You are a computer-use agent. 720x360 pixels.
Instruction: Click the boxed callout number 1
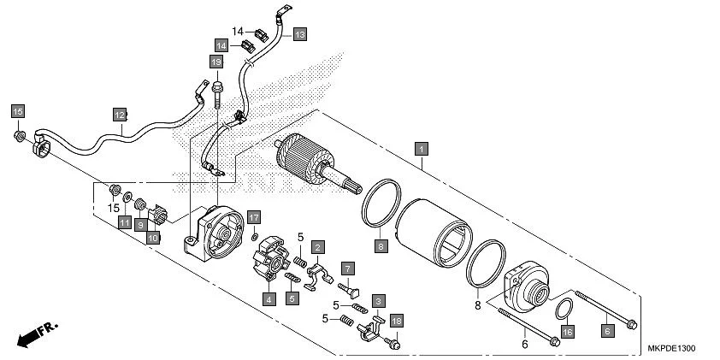click(x=420, y=147)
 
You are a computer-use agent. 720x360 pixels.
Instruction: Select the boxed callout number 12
click(x=121, y=114)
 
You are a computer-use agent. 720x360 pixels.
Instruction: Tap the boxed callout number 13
click(x=299, y=34)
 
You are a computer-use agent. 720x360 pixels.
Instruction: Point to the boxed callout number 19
click(x=216, y=62)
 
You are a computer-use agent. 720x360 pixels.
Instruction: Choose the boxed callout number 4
click(x=268, y=299)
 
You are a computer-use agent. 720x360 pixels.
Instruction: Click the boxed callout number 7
click(x=348, y=269)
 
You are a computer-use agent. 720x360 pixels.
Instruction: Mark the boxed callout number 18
click(x=396, y=320)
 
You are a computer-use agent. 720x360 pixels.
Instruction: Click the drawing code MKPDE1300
click(x=676, y=350)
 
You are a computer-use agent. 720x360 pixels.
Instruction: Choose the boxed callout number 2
click(x=317, y=247)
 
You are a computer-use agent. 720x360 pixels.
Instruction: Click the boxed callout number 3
click(x=377, y=300)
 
